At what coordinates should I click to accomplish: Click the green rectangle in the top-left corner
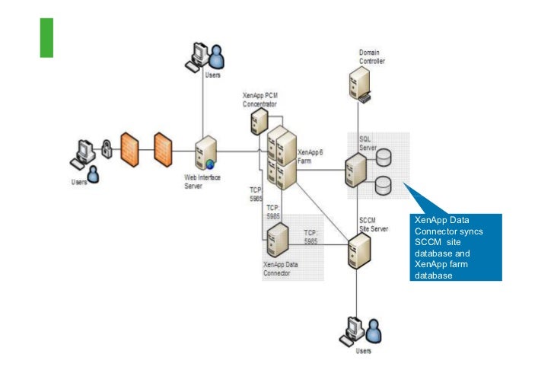(x=46, y=37)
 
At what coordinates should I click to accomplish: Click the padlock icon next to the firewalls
(x=107, y=151)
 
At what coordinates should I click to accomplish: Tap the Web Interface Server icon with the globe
(x=204, y=153)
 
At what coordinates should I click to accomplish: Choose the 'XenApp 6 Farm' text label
(x=310, y=156)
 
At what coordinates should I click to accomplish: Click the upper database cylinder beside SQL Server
(x=384, y=157)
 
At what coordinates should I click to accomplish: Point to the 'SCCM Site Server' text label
(x=373, y=225)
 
